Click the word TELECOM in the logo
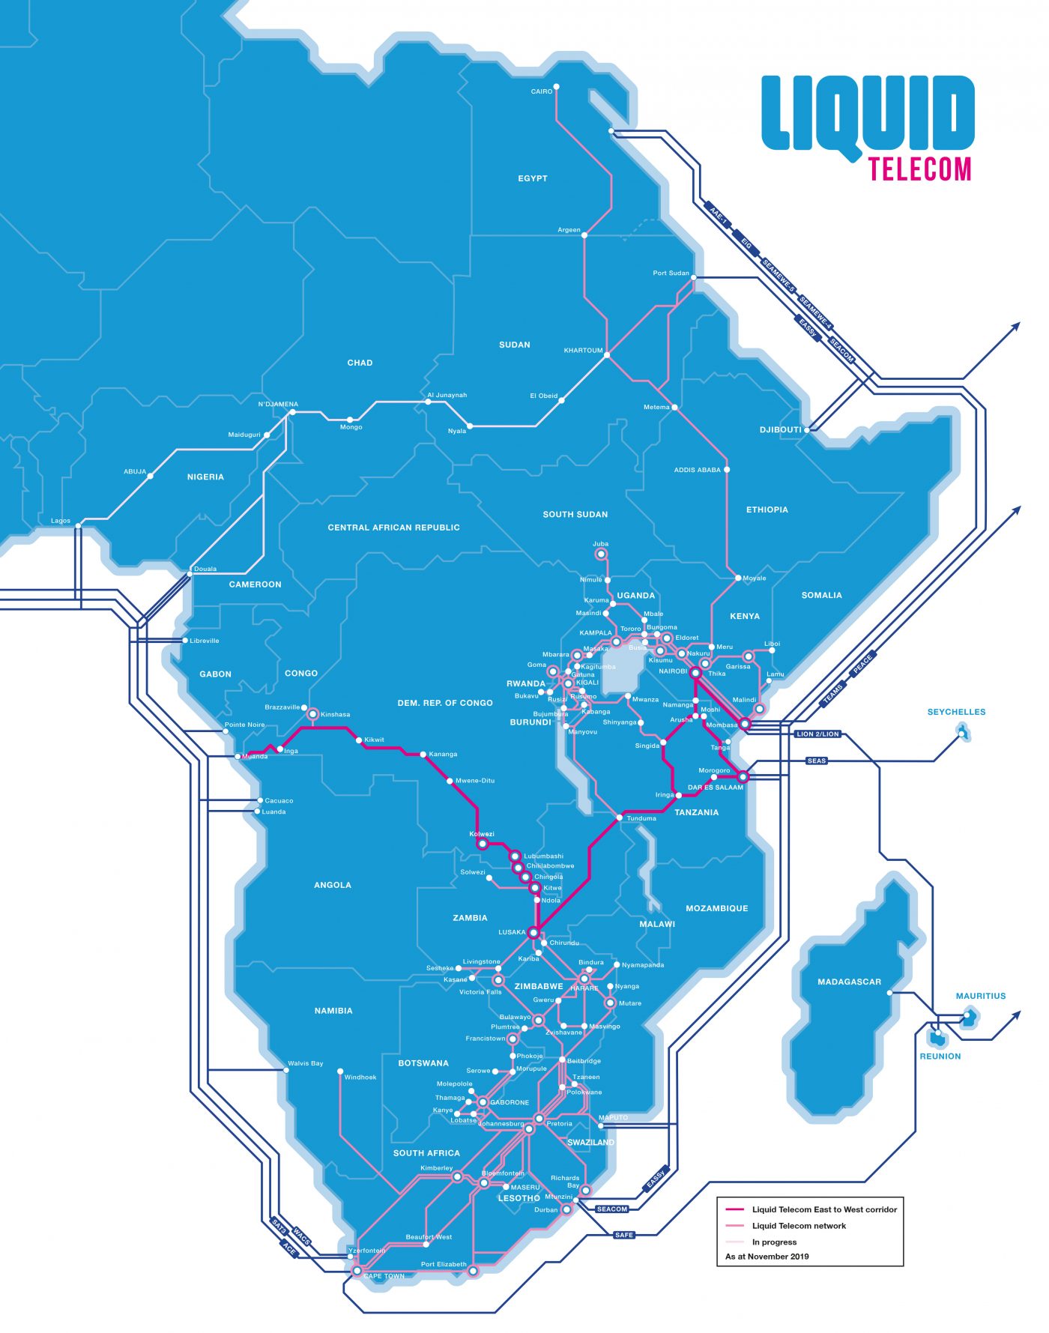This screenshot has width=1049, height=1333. pos(919,169)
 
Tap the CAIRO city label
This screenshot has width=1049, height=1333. pos(541,91)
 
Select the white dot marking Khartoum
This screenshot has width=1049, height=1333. pos(607,354)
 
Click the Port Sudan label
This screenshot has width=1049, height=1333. pos(670,273)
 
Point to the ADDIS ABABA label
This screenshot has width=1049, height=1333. pos(697,470)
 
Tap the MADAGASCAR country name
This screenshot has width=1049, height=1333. pos(849,982)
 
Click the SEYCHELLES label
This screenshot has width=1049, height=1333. pos(956,712)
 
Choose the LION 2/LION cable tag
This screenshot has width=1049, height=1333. pos(817,734)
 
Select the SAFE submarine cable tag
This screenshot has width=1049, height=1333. pos(624,1235)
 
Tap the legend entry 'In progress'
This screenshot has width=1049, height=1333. pos(774,1242)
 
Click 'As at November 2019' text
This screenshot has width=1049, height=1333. pos(767,1257)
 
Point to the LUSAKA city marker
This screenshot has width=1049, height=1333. pos(533,933)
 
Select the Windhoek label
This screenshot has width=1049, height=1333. pos(360,1077)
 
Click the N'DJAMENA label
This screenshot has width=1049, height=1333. pos(278,404)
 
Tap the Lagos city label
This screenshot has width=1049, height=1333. pos(61,521)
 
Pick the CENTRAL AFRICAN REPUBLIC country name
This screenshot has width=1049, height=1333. pos(393,528)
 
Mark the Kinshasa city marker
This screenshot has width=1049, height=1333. pos(313,713)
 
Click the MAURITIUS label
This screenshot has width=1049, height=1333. pos(980,996)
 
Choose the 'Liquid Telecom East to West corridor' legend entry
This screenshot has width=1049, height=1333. pos(823,1209)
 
